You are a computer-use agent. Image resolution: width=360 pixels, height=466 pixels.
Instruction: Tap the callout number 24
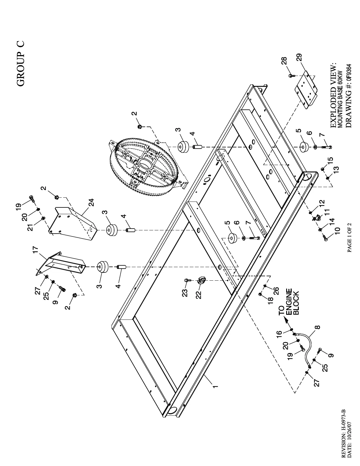click(x=92, y=202)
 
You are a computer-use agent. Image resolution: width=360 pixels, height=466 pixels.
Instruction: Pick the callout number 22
click(x=199, y=294)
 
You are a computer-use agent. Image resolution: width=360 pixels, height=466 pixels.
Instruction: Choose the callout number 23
click(x=185, y=293)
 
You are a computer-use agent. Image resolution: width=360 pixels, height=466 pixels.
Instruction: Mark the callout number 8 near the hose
click(x=318, y=327)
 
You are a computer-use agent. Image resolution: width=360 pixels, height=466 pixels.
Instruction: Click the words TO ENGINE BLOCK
click(x=289, y=302)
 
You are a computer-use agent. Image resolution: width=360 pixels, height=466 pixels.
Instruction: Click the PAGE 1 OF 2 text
click(x=350, y=237)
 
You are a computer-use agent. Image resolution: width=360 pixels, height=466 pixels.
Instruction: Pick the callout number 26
click(x=276, y=291)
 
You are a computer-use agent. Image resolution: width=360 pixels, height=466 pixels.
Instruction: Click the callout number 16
click(x=279, y=333)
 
